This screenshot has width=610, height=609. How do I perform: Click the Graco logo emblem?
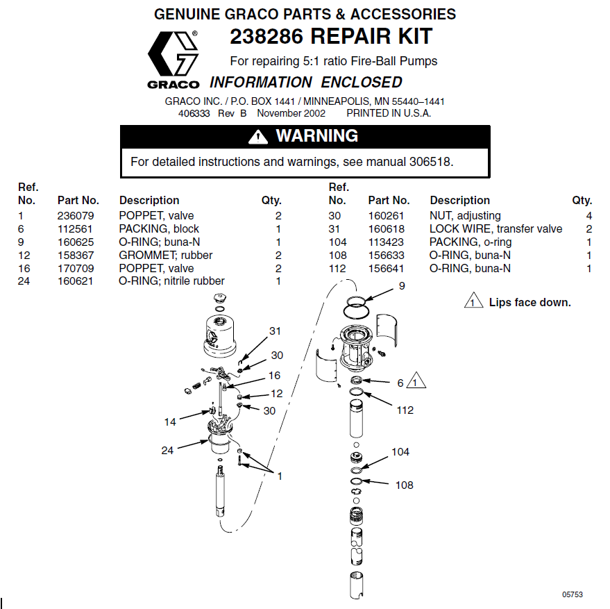pyautogui.click(x=173, y=55)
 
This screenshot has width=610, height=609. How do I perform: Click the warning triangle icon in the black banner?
pyautogui.click(x=258, y=137)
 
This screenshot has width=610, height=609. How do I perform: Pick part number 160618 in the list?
pyautogui.click(x=386, y=229)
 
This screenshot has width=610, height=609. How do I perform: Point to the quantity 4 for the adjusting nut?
pyautogui.click(x=588, y=216)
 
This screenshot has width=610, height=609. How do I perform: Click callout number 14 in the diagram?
pyautogui.click(x=171, y=422)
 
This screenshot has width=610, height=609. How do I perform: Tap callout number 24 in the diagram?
pyautogui.click(x=167, y=451)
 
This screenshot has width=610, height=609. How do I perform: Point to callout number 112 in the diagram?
pyautogui.click(x=405, y=410)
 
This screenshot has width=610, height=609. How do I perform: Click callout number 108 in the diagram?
pyautogui.click(x=404, y=485)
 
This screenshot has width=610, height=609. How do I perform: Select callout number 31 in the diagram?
pyautogui.click(x=276, y=331)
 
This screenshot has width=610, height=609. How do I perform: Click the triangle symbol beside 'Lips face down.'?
pyautogui.click(x=473, y=302)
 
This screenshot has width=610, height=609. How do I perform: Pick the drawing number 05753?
pyautogui.click(x=572, y=594)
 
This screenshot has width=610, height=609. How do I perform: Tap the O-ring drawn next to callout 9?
pyautogui.click(x=356, y=302)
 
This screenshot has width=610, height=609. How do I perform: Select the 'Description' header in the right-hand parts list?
pyautogui.click(x=459, y=201)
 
